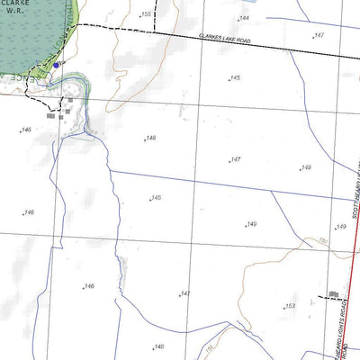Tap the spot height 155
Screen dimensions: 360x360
pyautogui.click(x=146, y=14)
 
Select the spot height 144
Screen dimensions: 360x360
pyautogui.click(x=243, y=18)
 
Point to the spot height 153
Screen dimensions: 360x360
pyautogui.click(x=290, y=306)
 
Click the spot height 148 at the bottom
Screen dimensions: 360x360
pyautogui.click(x=158, y=346)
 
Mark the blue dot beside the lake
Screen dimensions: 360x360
pyautogui.click(x=56, y=64)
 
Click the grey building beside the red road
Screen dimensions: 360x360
pyautogui.click(x=334, y=294)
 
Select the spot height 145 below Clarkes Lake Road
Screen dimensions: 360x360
pyautogui.click(x=235, y=78)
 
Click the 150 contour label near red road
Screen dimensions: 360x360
pyautogui.click(x=322, y=242)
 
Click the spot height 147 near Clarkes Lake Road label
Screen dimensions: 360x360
pyautogui.click(x=318, y=35)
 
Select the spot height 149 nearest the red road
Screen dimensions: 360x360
pyautogui.click(x=340, y=227)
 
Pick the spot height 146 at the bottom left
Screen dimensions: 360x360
pyautogui.click(x=88, y=286)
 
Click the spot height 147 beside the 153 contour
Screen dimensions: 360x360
pyautogui.click(x=184, y=294)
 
